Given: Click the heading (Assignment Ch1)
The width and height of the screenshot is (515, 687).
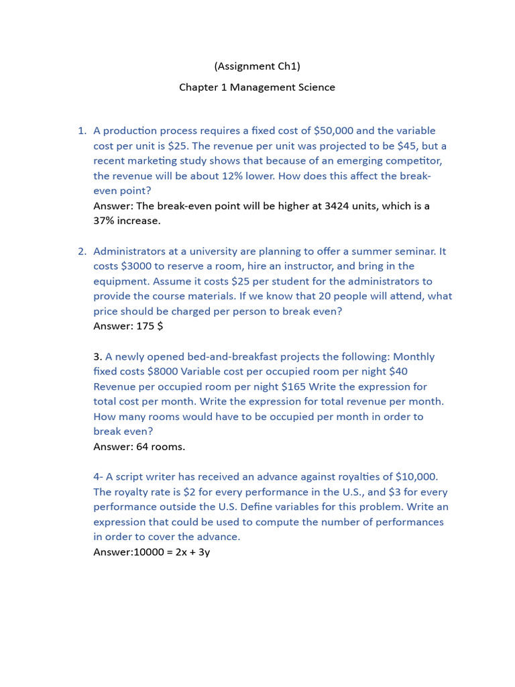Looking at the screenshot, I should (257, 66).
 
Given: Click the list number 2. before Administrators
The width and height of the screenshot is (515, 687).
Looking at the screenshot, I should (82, 251).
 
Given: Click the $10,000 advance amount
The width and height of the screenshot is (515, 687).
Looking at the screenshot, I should (416, 476).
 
